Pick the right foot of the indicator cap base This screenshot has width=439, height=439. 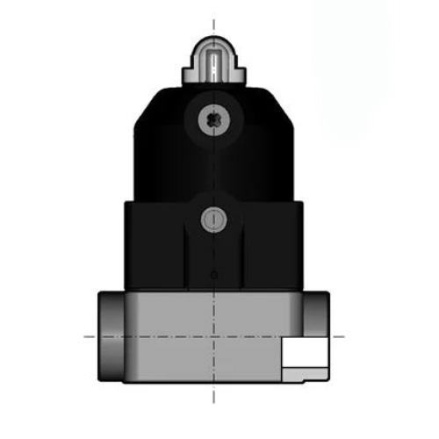coord(239,78)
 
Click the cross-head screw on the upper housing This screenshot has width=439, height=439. coord(213,119)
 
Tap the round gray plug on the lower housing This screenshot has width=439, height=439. coord(213,219)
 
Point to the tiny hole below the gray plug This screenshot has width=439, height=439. coord(213,276)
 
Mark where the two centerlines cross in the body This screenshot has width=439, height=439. coord(213,335)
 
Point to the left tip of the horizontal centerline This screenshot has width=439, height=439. coord(85,335)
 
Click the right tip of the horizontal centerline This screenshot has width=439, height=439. coord(343,335)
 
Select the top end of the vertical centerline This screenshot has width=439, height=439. coord(213,18)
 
